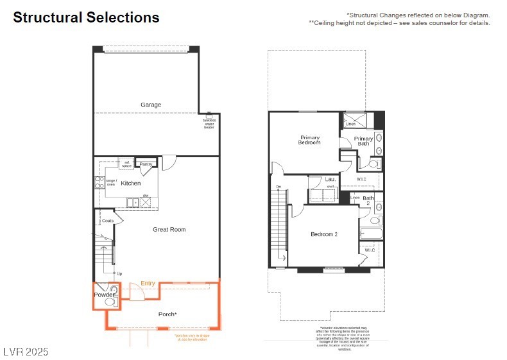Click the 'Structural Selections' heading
86,17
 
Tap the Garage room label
151,105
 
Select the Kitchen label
131,184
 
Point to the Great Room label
169,229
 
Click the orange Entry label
148,283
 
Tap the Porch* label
168,314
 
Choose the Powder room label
104,295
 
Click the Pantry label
146,164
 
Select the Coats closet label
107,221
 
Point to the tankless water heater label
209,124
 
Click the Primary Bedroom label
309,140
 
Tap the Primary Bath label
363,141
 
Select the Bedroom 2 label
324,234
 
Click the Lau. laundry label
331,180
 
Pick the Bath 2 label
368,200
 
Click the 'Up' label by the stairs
119,273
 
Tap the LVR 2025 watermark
26,352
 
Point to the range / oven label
111,183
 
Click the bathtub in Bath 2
372,234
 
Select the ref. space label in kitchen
126,164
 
